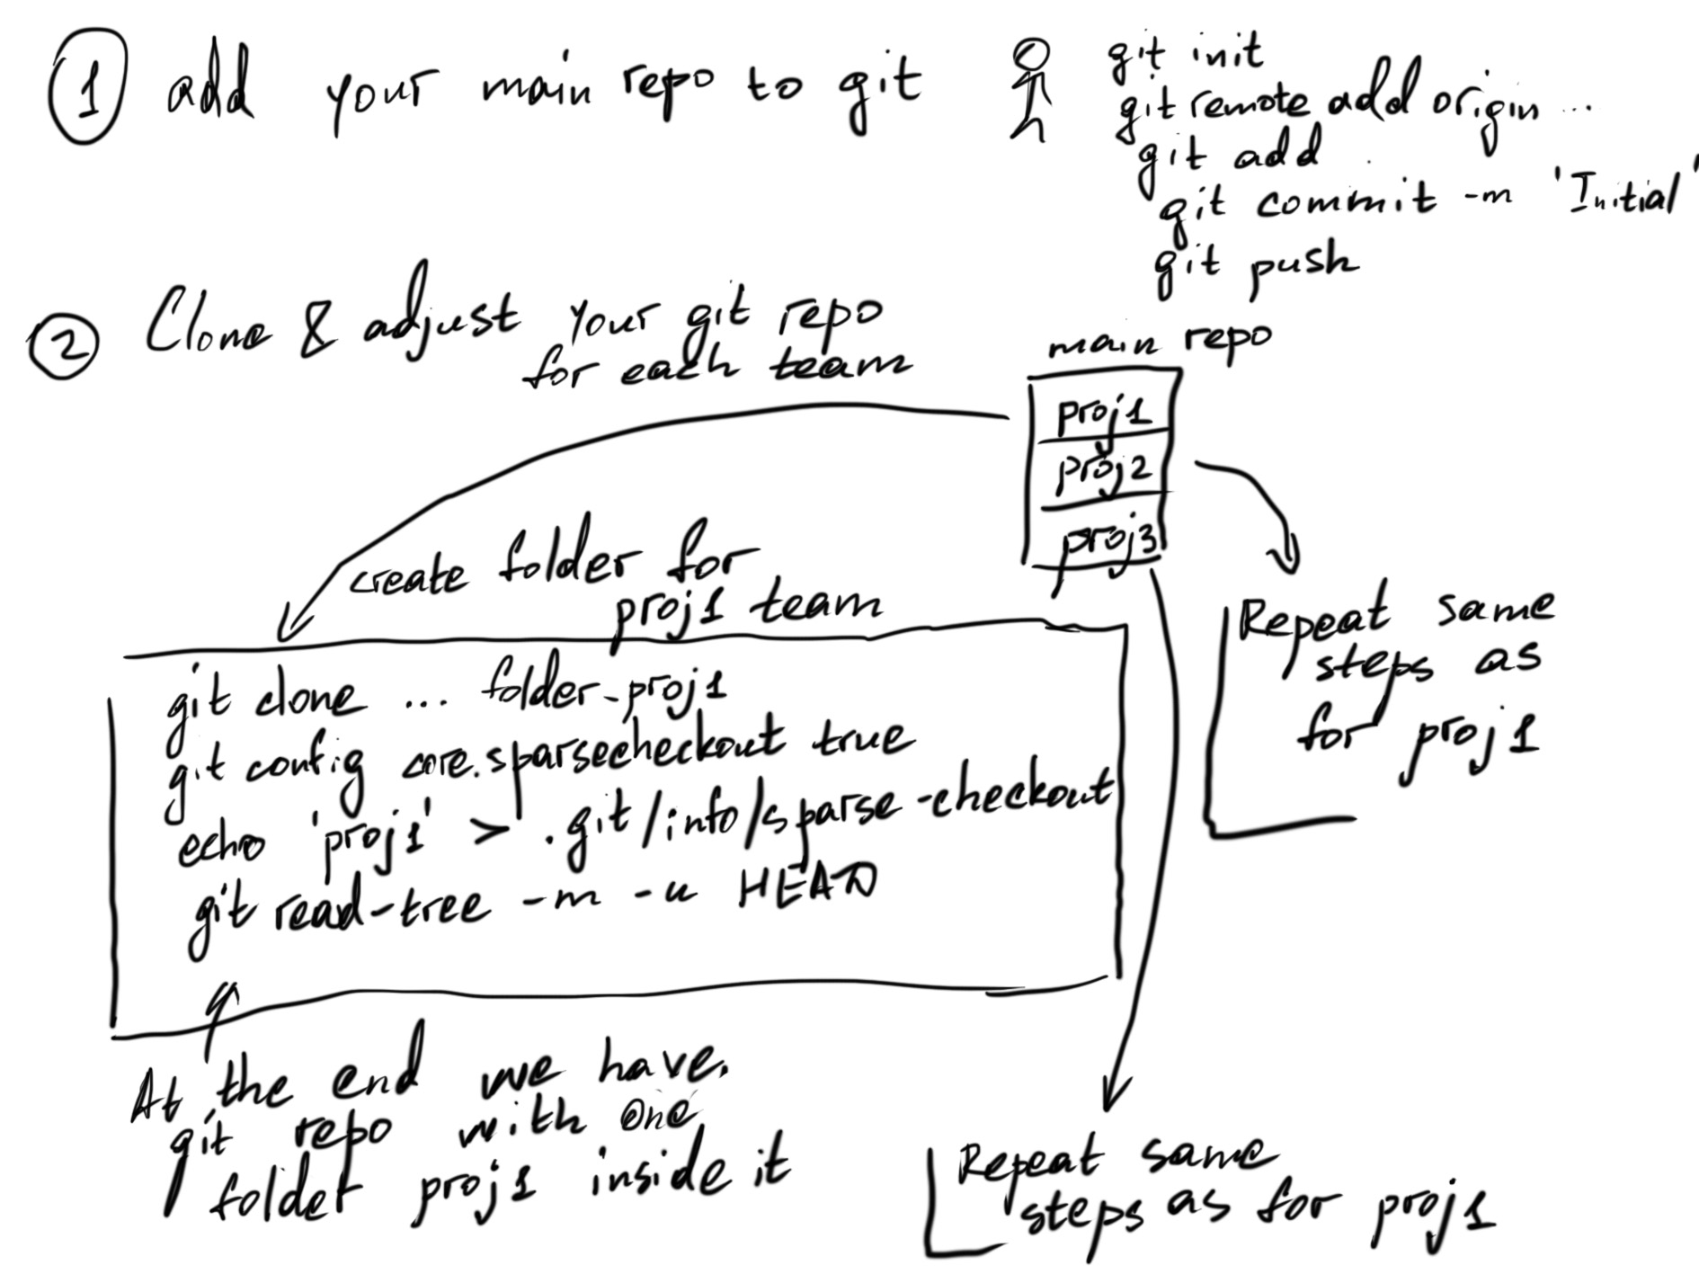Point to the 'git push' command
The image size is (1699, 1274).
(1258, 264)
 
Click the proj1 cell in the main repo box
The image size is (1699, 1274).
(1102, 414)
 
